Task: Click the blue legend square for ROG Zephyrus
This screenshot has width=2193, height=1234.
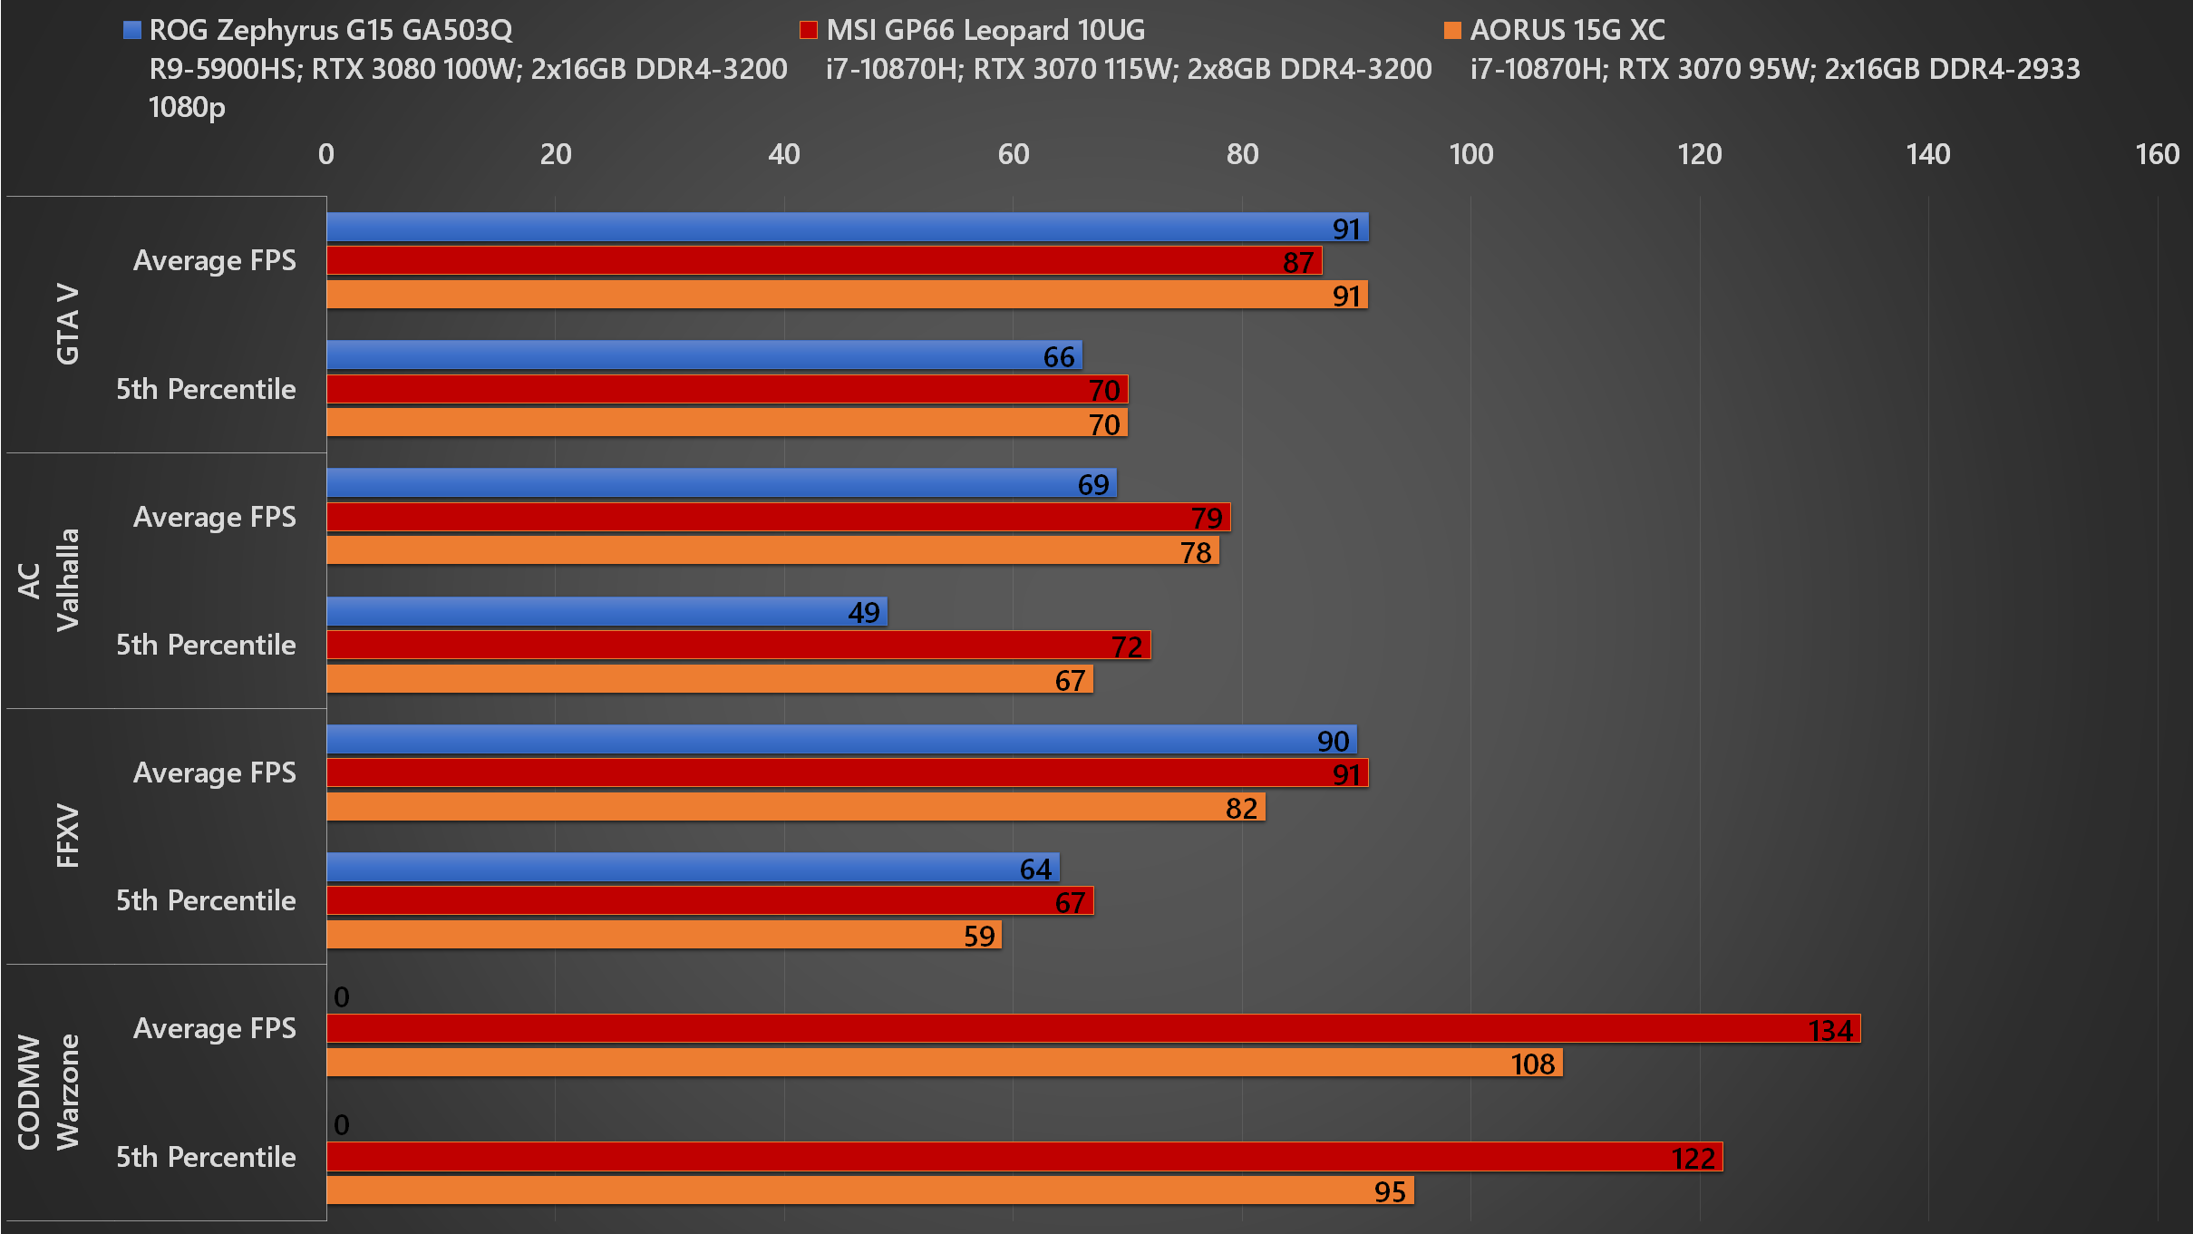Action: pos(132,30)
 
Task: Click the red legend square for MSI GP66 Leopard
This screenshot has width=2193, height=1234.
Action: pos(808,30)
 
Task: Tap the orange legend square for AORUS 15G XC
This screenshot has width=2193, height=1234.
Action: pos(1452,30)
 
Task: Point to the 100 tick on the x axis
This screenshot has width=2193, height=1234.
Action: pos(1470,154)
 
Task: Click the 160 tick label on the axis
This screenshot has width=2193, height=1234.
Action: pos(2157,154)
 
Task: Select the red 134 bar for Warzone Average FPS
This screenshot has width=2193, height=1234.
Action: pos(1093,1028)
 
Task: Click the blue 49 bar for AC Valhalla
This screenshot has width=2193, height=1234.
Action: pos(606,611)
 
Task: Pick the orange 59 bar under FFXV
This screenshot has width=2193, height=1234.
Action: pos(664,935)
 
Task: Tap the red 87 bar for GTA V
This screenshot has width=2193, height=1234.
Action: pos(824,260)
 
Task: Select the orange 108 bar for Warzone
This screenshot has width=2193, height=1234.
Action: pos(945,1063)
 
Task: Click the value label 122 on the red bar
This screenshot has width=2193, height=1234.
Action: pos(1693,1158)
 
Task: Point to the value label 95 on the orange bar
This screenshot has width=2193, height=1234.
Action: pos(1390,1191)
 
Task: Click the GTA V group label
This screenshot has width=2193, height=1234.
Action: pos(68,324)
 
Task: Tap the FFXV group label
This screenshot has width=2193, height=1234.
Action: pos(68,836)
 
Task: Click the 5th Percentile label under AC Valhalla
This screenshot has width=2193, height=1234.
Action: pos(206,645)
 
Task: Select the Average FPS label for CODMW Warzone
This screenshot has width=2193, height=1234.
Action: pos(215,1028)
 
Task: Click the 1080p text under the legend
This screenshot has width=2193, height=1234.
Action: pos(187,108)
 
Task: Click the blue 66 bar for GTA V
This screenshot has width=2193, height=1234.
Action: pos(704,355)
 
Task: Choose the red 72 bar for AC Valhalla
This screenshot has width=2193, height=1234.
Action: pos(739,645)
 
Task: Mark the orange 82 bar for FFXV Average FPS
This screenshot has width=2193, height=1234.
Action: pos(796,806)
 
